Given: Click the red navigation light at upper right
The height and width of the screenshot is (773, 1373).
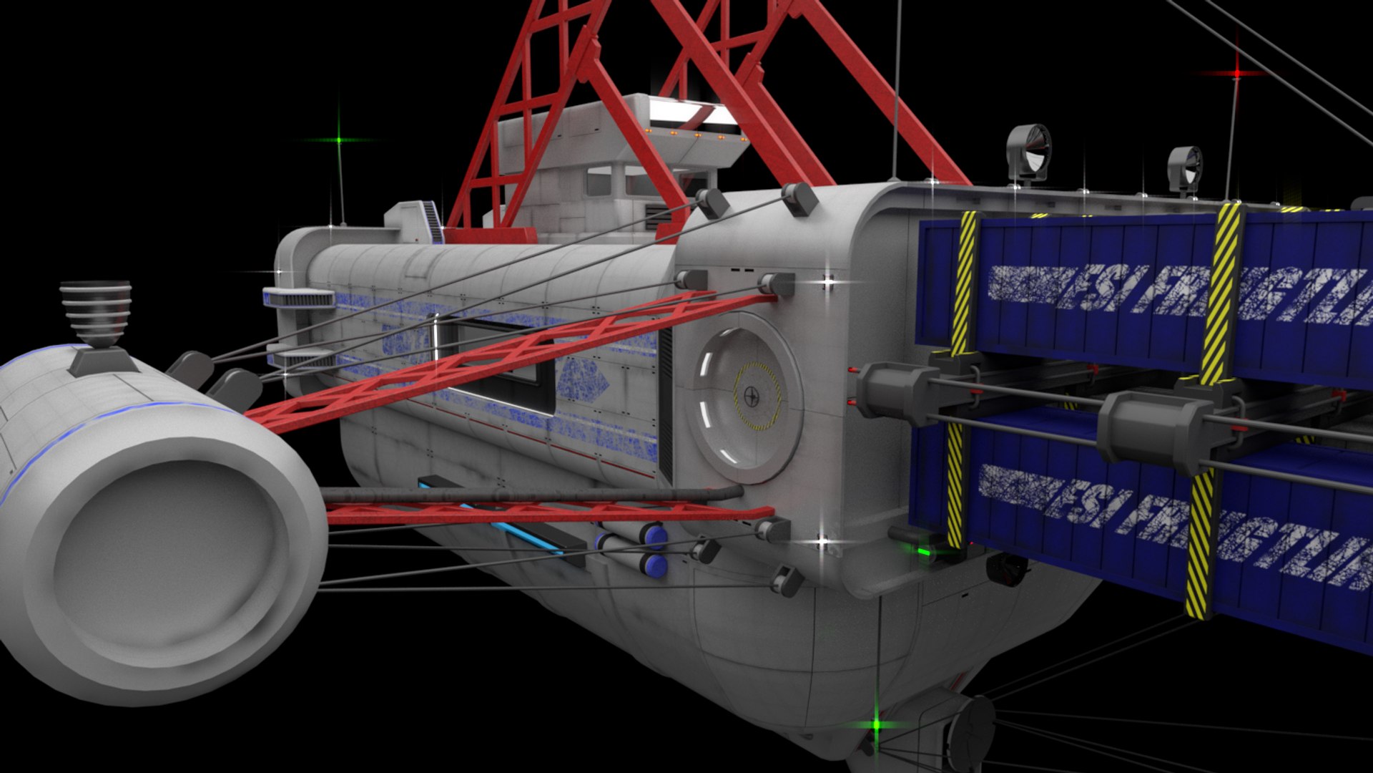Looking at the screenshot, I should click(1237, 74).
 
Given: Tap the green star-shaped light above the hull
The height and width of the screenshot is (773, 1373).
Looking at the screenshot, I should click(339, 140).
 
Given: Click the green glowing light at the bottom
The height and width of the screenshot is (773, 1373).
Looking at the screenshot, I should click(877, 724).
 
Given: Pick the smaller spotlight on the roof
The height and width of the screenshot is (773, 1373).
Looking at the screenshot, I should click(1186, 168).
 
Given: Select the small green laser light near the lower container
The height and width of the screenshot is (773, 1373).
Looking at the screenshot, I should click(924, 552).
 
